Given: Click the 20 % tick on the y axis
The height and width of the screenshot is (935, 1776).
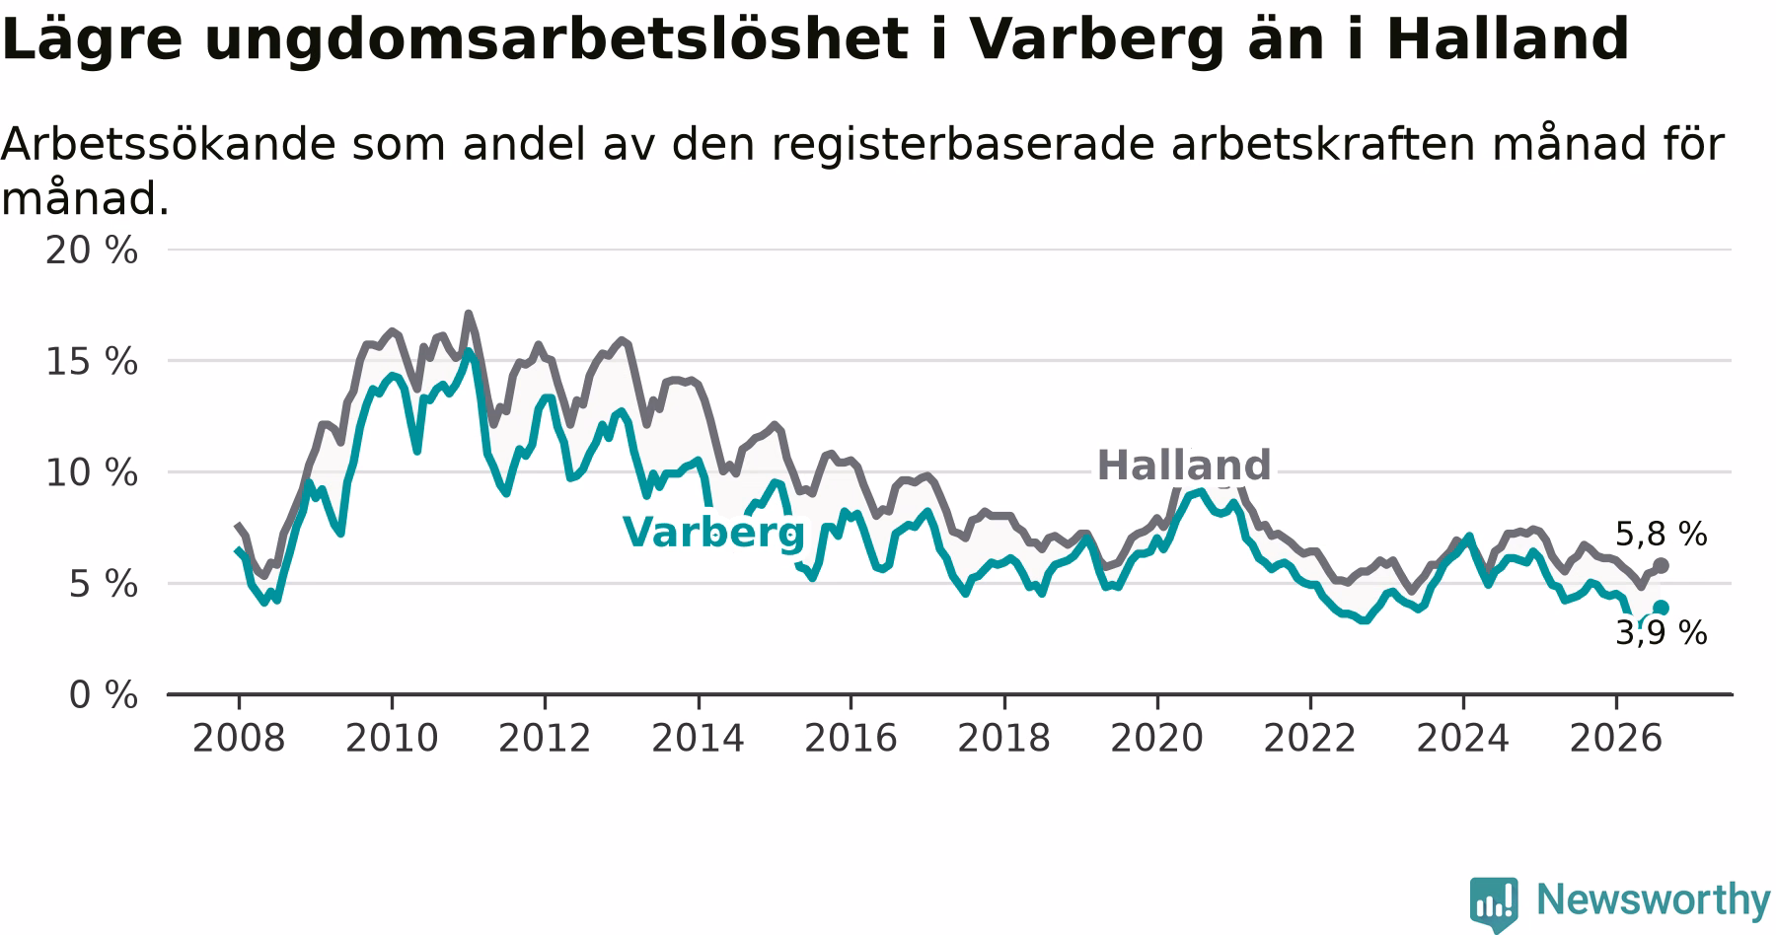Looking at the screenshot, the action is [x=92, y=251].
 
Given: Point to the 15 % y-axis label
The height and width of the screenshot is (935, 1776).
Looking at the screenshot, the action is [x=92, y=362].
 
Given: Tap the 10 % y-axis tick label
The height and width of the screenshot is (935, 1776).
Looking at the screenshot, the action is [x=92, y=473].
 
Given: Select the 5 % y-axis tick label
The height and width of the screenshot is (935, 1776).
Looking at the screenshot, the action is [x=103, y=584].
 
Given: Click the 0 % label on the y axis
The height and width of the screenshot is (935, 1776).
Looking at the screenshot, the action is [x=103, y=695].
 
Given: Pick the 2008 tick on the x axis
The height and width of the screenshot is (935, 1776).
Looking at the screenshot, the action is [x=238, y=739].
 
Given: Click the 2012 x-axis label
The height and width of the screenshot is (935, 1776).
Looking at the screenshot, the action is [x=545, y=739].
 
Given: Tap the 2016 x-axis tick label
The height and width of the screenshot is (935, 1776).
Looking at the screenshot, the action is [x=851, y=739].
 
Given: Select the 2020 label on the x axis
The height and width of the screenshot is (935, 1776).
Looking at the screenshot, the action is [x=1156, y=739].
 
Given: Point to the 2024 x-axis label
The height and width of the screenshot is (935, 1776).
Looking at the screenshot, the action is [x=1463, y=739].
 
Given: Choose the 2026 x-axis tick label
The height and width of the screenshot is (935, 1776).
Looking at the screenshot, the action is [x=1616, y=739].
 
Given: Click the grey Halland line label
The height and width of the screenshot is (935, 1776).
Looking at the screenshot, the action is [x=1184, y=465].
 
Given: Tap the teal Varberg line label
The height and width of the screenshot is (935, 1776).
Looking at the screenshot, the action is [x=713, y=533].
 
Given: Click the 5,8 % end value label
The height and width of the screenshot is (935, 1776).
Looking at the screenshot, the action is [x=1662, y=535].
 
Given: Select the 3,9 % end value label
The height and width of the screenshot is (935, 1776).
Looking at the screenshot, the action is [x=1662, y=633].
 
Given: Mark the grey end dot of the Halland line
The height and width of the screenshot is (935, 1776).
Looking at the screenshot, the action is [x=1662, y=565].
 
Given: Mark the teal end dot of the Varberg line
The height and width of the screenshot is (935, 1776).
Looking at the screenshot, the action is [x=1662, y=608].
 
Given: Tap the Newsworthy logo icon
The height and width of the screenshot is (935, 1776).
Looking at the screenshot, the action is [x=1494, y=902].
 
